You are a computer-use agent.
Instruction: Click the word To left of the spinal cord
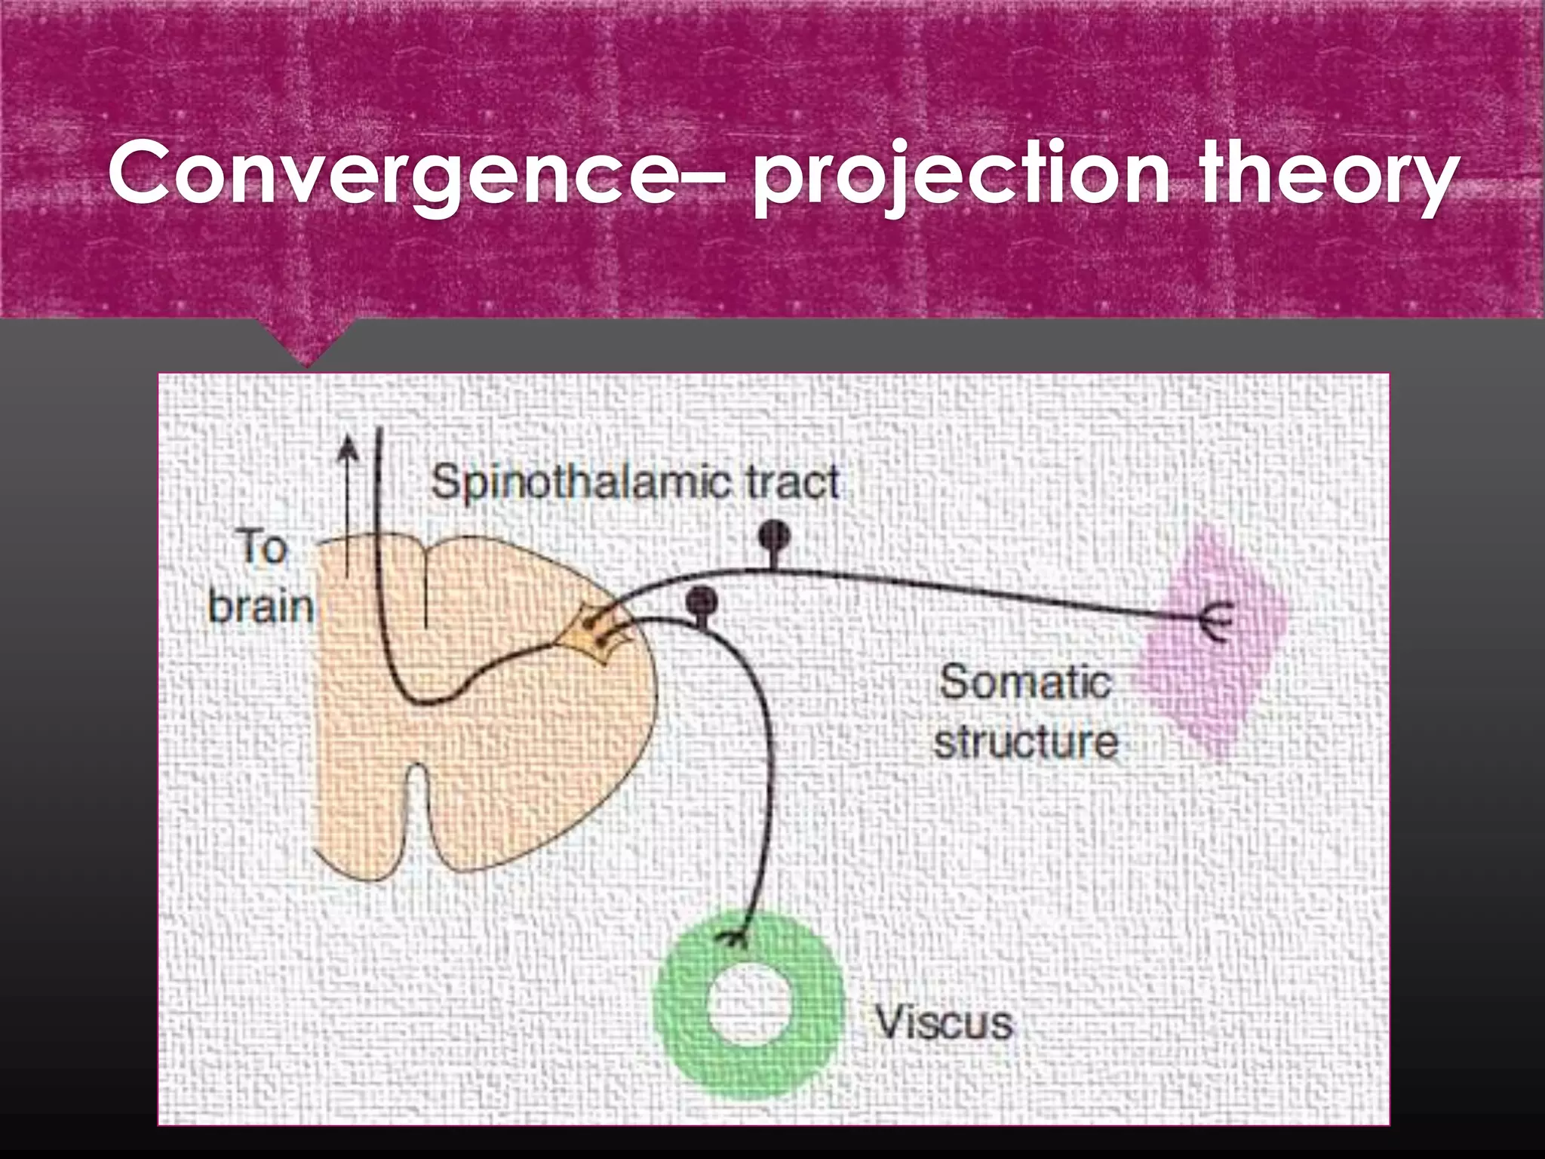pyautogui.click(x=262, y=546)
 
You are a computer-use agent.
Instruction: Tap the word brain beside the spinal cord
pyautogui.click(x=261, y=606)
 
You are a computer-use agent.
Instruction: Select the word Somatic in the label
pyautogui.click(x=1024, y=682)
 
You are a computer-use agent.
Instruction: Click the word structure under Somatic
pyautogui.click(x=1026, y=742)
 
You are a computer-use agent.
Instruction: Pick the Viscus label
pyautogui.click(x=943, y=1023)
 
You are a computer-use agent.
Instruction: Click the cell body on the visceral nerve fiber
pyautogui.click(x=702, y=601)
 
